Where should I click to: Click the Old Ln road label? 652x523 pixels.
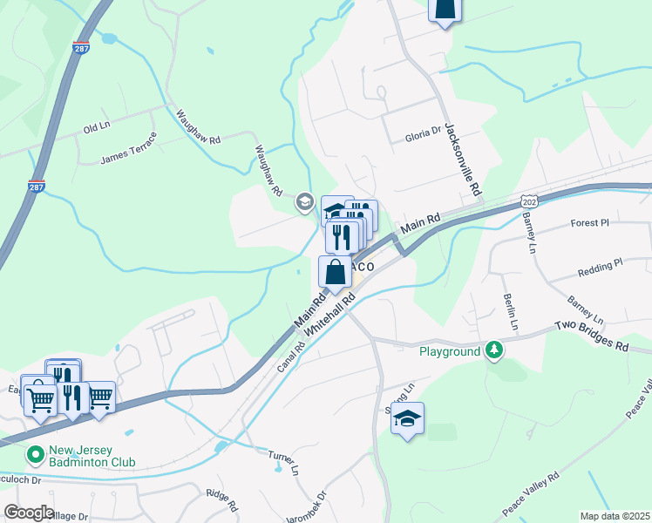[x=96, y=128]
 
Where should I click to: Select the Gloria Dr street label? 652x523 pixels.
[x=424, y=138]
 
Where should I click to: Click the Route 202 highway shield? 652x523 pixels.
[x=529, y=201]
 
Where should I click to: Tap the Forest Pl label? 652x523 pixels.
[x=590, y=223]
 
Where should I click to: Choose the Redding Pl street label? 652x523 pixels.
[x=600, y=262]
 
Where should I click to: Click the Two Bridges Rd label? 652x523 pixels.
[x=592, y=335]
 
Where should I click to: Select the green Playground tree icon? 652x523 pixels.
[x=494, y=350]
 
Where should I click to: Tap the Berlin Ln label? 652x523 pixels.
[x=512, y=312]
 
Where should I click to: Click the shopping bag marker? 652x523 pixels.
[x=336, y=273]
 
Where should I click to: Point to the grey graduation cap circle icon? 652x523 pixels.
[x=304, y=202]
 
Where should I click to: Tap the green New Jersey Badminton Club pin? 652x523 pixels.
[x=35, y=454]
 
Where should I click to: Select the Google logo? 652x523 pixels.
[x=29, y=512]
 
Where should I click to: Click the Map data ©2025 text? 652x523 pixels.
[x=615, y=516]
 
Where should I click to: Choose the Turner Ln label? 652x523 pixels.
[x=283, y=462]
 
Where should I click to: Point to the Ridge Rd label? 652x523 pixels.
[x=222, y=500]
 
